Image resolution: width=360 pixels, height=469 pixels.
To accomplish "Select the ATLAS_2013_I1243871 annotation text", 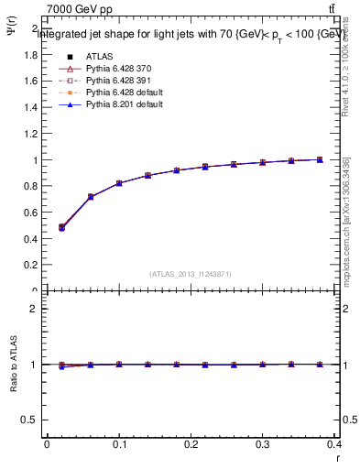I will coord(191,274).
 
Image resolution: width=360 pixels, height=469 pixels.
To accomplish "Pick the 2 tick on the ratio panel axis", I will coord(35,309).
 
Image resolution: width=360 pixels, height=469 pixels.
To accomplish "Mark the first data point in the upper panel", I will coord(61,227).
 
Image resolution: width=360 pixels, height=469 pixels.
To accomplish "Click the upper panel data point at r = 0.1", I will coord(119,183).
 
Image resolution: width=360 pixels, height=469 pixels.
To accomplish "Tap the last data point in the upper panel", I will coord(320,159).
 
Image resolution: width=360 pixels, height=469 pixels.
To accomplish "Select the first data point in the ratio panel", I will coord(61,365).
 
